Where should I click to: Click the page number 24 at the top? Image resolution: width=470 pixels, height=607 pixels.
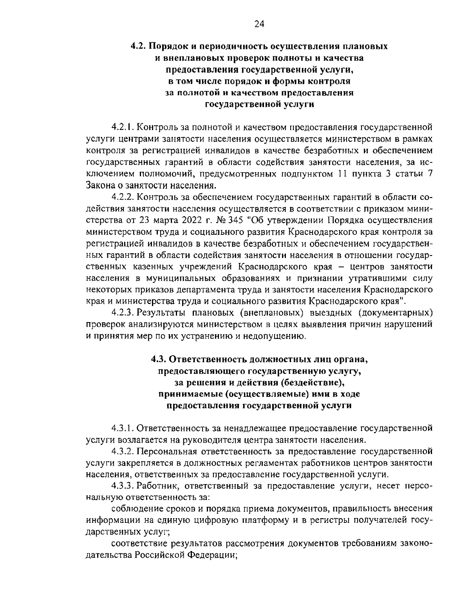pyautogui.click(x=259, y=24)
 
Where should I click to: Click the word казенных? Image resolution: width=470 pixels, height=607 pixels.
pyautogui.click(x=161, y=267)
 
